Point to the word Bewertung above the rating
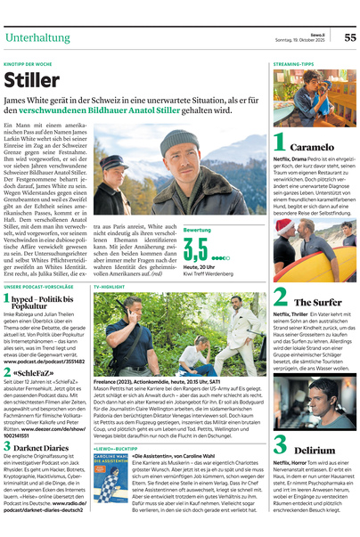(197, 230)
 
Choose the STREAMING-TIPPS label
(293, 65)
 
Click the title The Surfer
(318, 303)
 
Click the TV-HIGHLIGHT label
(111, 288)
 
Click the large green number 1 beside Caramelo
(280, 142)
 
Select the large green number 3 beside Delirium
(280, 446)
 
